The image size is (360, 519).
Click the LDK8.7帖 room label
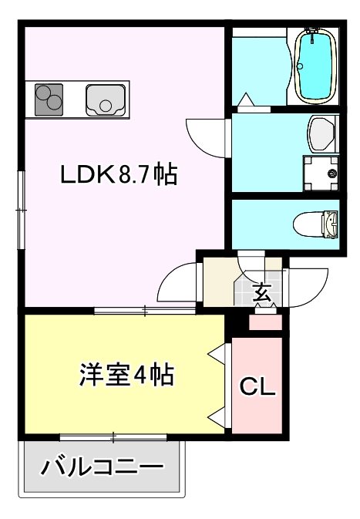[119, 175]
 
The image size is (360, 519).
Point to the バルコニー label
[103, 467]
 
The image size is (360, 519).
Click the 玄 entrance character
[263, 294]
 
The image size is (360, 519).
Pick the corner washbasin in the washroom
[320, 133]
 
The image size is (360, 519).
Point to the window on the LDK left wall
[22, 200]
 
